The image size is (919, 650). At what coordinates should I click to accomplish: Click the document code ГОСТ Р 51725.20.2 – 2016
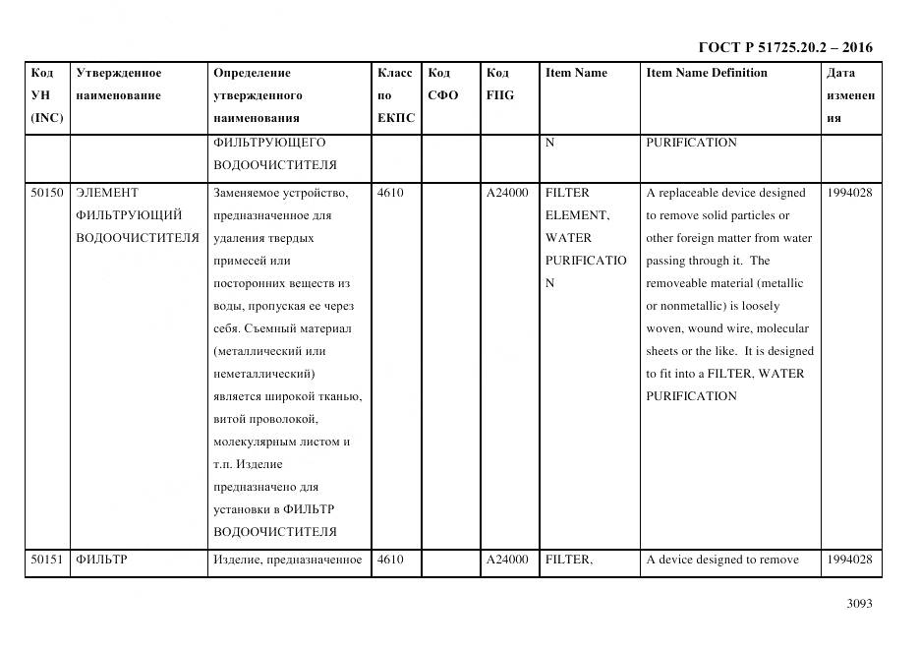pos(784,47)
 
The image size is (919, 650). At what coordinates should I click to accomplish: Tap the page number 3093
pos(859,604)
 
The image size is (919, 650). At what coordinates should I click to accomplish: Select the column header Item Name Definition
pos(707,73)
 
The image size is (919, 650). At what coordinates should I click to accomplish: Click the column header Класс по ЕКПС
pos(394,95)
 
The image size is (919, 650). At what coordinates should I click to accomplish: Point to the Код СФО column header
pos(442,85)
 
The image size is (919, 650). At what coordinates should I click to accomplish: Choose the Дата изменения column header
pos(850,95)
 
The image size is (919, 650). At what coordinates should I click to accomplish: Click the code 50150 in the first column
pos(46,193)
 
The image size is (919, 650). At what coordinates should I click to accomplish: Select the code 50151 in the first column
pos(46,560)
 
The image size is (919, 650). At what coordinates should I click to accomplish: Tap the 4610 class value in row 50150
pos(390,193)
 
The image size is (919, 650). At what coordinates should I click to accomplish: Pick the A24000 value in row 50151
pos(507,560)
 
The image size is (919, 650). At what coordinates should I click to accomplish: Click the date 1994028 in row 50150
pos(849,193)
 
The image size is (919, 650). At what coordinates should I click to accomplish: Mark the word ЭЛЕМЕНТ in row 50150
pos(107,193)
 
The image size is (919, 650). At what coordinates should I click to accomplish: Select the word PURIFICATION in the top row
pos(691,143)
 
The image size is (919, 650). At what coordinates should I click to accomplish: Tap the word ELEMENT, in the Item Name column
pos(577,215)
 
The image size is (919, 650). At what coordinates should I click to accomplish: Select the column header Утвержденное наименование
pos(119,85)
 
